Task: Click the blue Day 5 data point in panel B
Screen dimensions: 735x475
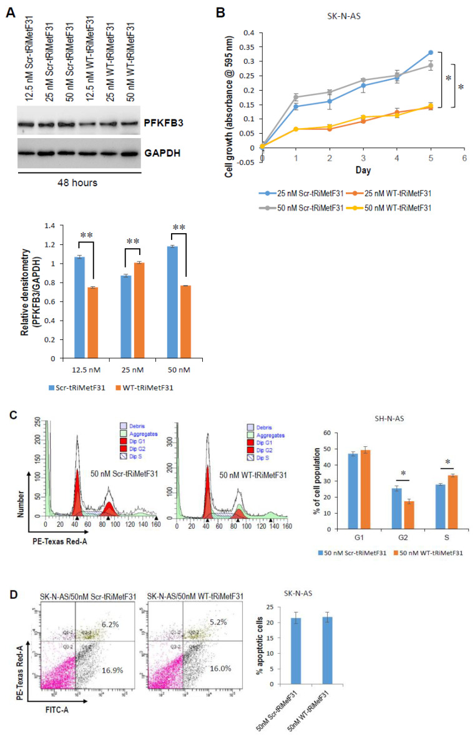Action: [431, 52]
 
